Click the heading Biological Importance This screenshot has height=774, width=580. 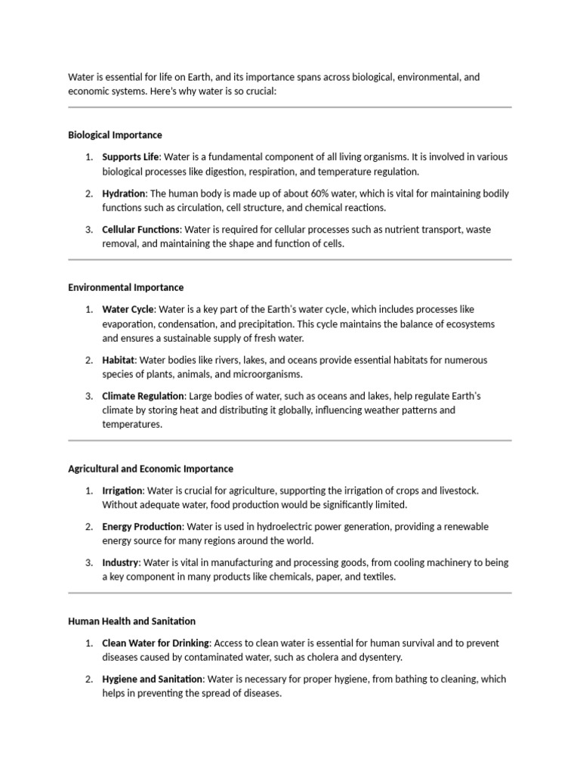[x=115, y=135]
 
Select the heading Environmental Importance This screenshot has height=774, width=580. [x=125, y=288]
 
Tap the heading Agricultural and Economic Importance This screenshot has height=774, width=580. [x=150, y=469]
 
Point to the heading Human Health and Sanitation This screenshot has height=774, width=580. [x=131, y=621]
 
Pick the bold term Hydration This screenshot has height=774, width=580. [x=124, y=193]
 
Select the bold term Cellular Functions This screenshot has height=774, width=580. [x=140, y=229]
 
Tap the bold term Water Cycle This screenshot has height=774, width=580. [x=128, y=309]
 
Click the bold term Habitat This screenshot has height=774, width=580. [x=118, y=360]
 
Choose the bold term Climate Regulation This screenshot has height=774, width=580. [x=143, y=396]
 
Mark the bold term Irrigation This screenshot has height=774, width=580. [x=122, y=491]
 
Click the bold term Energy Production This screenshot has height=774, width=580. [x=142, y=527]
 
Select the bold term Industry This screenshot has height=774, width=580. [x=120, y=563]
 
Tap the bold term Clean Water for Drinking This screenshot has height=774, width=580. [x=155, y=643]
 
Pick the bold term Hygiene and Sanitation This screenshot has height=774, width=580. [x=153, y=680]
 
